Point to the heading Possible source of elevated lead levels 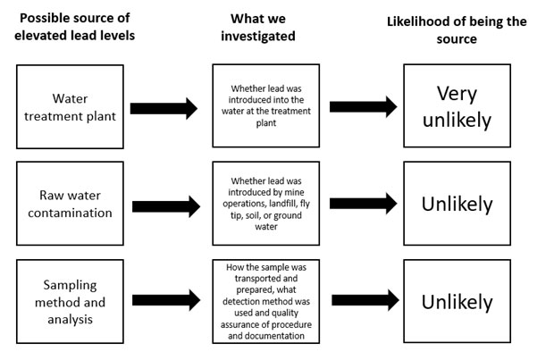[x=75, y=28]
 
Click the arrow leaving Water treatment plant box [x=164, y=109]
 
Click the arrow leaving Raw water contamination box [x=164, y=204]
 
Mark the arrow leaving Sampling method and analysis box [x=164, y=302]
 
